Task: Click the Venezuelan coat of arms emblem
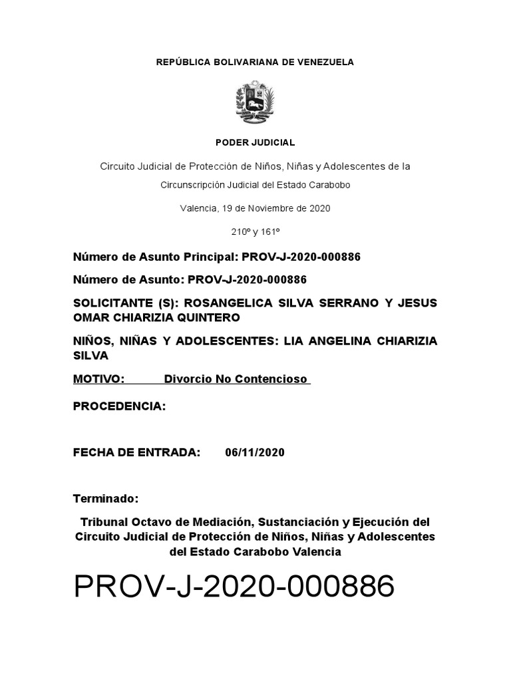coord(255,102)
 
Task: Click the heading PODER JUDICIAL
coord(255,142)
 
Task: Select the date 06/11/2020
coord(255,453)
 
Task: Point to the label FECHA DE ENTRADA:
coord(136,453)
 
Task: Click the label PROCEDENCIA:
coord(119,406)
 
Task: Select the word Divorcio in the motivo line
coord(187,379)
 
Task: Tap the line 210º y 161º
coord(255,231)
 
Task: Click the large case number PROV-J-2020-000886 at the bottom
coord(234,587)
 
